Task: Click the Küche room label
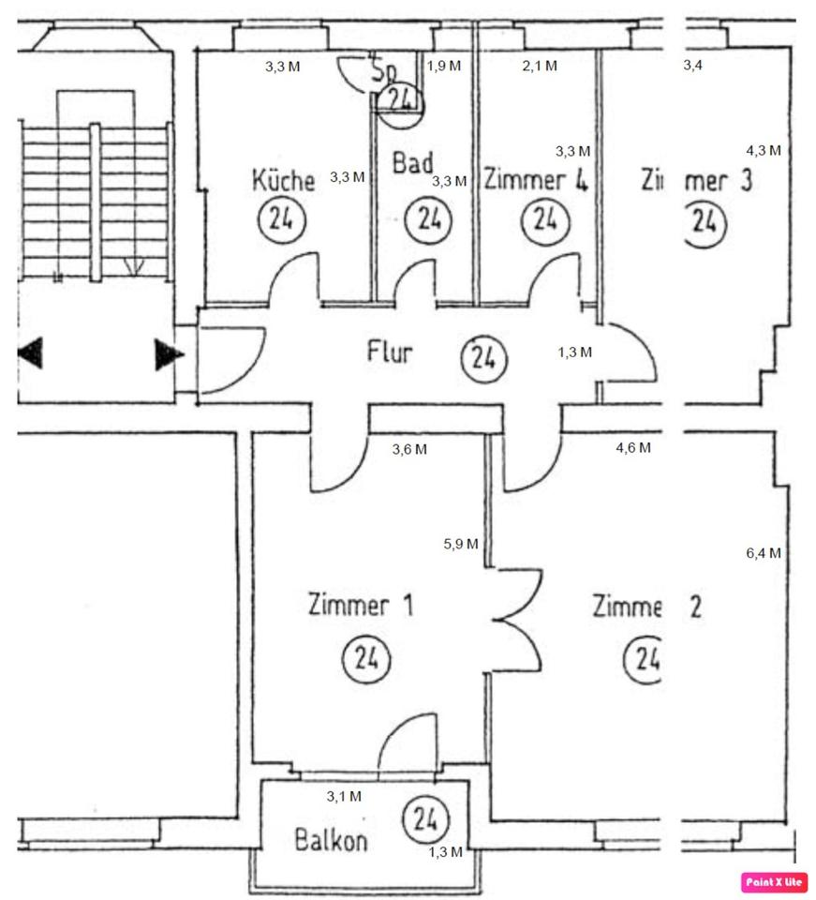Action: pos(283,179)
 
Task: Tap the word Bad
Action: pos(412,163)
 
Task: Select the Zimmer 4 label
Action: pos(535,179)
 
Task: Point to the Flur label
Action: pos(390,353)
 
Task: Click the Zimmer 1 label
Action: pos(361,606)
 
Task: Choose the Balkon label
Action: pos(330,840)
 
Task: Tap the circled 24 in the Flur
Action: pos(484,358)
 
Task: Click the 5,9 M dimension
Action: pos(461,544)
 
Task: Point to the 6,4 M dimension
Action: pos(764,553)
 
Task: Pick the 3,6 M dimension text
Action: pos(408,449)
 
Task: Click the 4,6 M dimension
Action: pos(633,448)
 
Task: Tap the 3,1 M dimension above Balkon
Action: pos(344,797)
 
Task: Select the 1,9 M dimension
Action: pos(444,66)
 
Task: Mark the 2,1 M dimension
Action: pos(540,66)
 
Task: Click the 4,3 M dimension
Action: pos(764,150)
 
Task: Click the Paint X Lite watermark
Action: pos(774,881)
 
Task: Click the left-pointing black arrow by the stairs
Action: pos(31,353)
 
